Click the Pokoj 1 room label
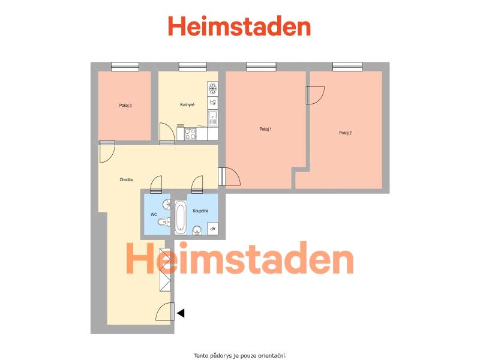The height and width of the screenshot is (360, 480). (265, 129)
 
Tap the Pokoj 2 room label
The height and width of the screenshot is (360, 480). (346, 133)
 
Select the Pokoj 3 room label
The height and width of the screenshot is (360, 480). (125, 106)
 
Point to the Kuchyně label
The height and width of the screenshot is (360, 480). (187, 104)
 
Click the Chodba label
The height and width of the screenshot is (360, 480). (126, 179)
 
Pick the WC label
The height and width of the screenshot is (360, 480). (154, 215)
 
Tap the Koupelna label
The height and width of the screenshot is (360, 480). (200, 211)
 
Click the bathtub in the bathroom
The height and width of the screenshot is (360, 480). (181, 217)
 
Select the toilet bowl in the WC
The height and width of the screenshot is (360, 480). (164, 221)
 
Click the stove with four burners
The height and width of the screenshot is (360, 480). (190, 134)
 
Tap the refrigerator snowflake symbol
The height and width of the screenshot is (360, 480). (212, 89)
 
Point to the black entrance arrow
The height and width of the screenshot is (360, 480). (181, 313)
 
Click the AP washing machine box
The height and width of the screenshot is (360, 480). (212, 229)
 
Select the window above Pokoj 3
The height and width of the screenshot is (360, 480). (125, 67)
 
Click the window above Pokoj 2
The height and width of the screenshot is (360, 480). (347, 67)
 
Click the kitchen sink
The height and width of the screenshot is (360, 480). (212, 118)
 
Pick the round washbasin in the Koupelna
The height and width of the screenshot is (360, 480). (197, 230)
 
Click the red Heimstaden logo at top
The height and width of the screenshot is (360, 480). (239, 26)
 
